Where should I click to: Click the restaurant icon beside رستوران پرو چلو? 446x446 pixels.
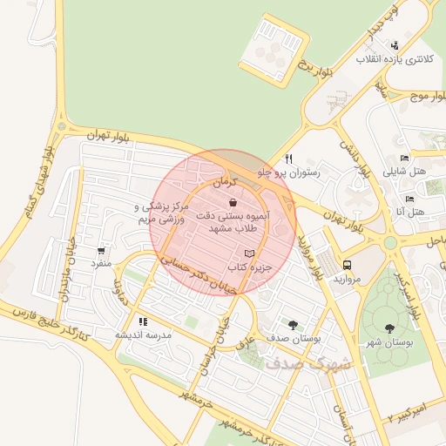pyautogui.click(x=287, y=159)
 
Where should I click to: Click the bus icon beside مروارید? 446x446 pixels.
pyautogui.click(x=348, y=265)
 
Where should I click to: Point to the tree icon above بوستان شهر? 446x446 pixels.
pyautogui.click(x=389, y=328)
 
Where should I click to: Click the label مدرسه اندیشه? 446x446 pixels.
pyautogui.click(x=144, y=334)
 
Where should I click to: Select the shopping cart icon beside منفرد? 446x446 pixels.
pyautogui.click(x=102, y=250)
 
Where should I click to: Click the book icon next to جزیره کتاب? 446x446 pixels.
pyautogui.click(x=251, y=253)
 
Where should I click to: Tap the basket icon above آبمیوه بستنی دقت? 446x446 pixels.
pyautogui.click(x=232, y=202)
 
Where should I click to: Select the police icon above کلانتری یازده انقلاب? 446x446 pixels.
pyautogui.click(x=395, y=45)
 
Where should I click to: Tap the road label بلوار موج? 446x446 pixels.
pyautogui.click(x=427, y=96)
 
